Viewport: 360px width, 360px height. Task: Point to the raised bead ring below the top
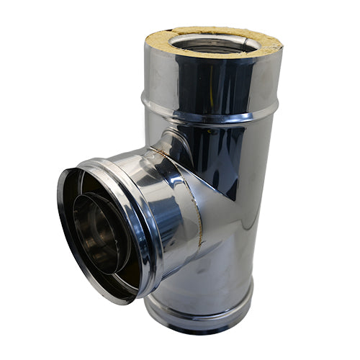(x=216, y=115)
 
